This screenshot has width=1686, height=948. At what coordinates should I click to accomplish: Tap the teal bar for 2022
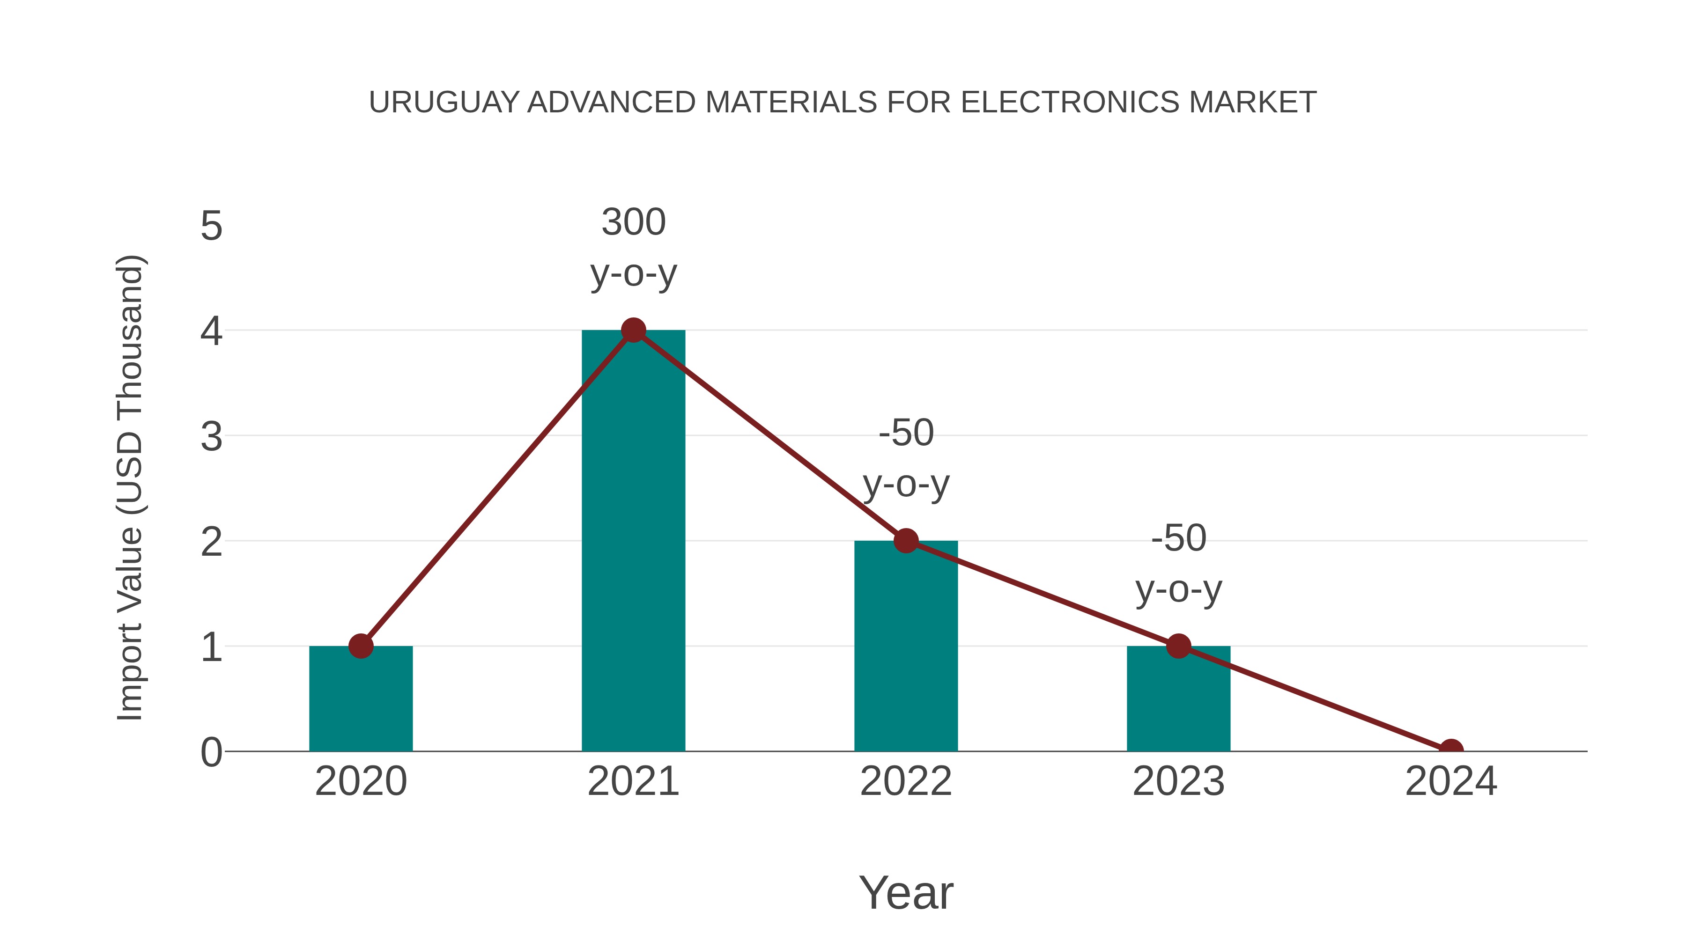coord(905,648)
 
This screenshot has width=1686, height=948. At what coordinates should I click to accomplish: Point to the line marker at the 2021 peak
coord(633,331)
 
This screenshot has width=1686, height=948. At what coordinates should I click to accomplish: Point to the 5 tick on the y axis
coord(211,227)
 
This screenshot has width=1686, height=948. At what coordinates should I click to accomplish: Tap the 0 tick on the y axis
coord(211,752)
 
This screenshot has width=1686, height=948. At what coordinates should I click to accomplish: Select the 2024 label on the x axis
coord(1450,781)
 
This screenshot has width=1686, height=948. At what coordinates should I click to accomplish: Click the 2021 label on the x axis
coord(633,781)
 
